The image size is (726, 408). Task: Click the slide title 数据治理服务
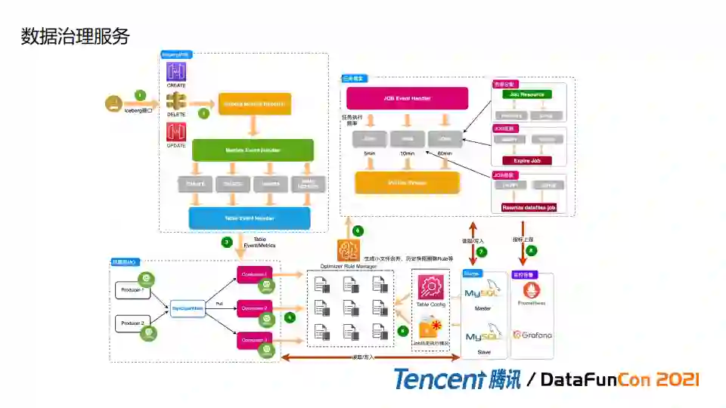(75, 36)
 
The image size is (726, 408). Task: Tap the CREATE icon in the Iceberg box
(176, 72)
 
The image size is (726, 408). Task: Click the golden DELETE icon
(176, 102)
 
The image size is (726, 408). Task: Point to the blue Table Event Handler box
(250, 218)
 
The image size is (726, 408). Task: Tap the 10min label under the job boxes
(408, 154)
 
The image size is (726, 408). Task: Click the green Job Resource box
(527, 95)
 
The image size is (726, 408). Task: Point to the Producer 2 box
(132, 323)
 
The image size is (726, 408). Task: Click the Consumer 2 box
(254, 308)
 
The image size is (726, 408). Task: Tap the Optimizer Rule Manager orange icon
(349, 250)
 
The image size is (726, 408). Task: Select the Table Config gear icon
(431, 287)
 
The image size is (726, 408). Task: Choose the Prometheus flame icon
(532, 289)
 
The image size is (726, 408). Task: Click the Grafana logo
(532, 334)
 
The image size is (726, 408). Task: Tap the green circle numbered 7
(481, 252)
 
